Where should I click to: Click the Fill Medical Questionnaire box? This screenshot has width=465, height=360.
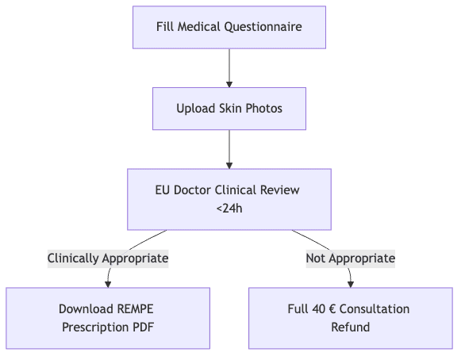229,27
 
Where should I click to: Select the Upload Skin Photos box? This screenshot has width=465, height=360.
229,109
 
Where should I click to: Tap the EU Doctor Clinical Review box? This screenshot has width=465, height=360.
229,199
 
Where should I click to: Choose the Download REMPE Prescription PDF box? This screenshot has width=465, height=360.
108,318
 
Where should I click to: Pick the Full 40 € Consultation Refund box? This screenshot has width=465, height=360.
351,318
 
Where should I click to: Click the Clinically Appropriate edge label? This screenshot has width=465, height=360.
108,259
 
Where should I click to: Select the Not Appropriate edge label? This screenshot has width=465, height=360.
351,259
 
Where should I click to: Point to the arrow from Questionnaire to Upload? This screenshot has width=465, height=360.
229,68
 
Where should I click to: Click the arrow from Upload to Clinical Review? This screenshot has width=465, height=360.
229,149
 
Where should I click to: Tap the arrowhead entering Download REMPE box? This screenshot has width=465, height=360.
108,285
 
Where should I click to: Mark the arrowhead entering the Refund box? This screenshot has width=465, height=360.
351,285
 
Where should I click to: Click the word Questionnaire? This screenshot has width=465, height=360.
263,27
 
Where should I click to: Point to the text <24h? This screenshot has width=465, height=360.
229,209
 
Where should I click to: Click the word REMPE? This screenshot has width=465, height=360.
136,309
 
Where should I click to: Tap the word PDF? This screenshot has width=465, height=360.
144,327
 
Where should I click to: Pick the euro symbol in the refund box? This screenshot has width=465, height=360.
332,309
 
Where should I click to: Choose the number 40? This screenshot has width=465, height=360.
319,309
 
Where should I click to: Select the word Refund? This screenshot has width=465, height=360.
351,327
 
